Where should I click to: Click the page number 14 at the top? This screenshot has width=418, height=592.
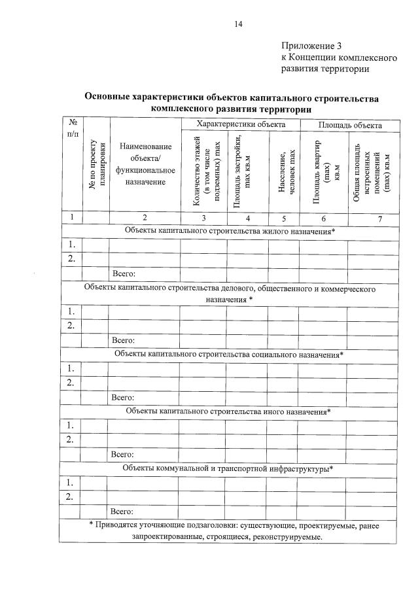[238, 24]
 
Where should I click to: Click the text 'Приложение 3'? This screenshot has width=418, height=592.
[311, 46]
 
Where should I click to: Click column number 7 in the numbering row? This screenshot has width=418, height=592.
[379, 218]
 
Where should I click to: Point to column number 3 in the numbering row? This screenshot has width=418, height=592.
[203, 218]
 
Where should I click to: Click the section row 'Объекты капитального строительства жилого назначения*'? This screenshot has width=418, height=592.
[230, 232]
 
